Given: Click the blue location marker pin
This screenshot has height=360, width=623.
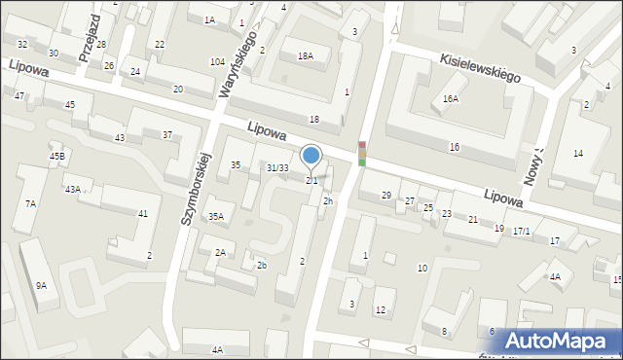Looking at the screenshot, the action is click(x=311, y=156).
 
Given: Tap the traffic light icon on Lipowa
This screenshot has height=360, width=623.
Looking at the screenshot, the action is click(x=362, y=153).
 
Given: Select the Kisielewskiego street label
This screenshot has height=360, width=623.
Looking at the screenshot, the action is click(x=479, y=66).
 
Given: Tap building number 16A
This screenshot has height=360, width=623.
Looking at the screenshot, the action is click(x=450, y=99).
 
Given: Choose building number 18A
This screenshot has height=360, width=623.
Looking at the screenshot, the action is click(x=306, y=56).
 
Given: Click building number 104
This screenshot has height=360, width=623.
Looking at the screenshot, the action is click(x=217, y=61).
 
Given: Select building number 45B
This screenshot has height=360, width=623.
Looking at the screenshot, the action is click(x=57, y=157).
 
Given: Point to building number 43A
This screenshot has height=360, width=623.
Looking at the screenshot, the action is click(x=73, y=189).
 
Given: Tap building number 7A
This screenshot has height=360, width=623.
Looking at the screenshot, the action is click(x=31, y=203).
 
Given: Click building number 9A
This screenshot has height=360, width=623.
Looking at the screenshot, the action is click(x=41, y=285).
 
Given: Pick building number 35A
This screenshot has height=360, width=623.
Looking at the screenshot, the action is click(x=216, y=217).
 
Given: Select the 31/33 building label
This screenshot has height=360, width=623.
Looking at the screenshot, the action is click(x=277, y=168).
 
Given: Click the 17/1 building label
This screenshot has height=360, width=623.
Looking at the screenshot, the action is click(x=522, y=231).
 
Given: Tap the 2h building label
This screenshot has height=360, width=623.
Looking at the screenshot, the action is click(x=328, y=201).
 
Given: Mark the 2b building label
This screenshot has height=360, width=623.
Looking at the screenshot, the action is click(x=261, y=266).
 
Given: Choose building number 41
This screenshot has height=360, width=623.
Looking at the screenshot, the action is click(x=143, y=213).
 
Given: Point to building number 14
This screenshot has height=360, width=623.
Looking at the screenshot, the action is click(x=578, y=154).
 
